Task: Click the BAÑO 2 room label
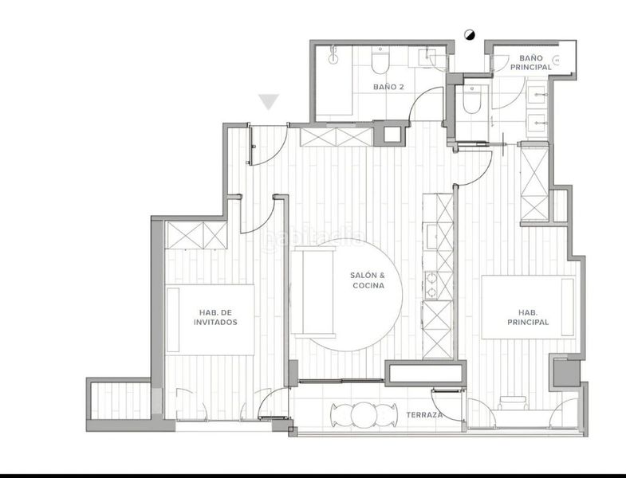tap(388, 87)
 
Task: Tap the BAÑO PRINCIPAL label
tap(530, 63)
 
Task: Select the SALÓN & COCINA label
tap(368, 280)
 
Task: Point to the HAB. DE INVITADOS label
tap(215, 317)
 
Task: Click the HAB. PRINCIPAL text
tap(528, 317)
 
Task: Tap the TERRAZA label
tap(424, 414)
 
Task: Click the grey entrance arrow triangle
tap(269, 102)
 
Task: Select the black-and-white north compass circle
tap(470, 35)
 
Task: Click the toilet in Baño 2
tap(380, 61)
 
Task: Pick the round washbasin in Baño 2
tap(333, 59)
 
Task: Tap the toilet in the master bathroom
tap(471, 100)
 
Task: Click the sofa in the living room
tap(313, 292)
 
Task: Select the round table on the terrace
tap(364, 414)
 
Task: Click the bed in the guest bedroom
tap(210, 319)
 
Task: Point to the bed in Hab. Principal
tap(529, 307)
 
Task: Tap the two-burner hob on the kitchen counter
tap(431, 285)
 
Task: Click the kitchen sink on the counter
tap(432, 237)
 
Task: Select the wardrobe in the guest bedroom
tap(196, 235)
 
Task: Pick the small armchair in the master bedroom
tap(513, 402)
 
